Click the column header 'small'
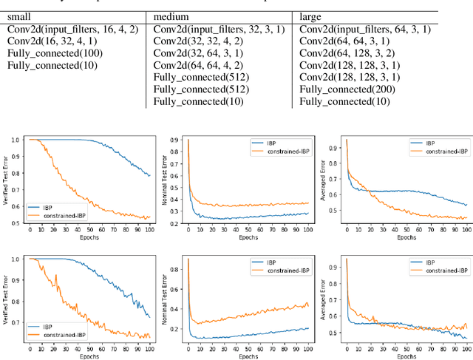click(21, 16)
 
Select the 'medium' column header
click(173, 16)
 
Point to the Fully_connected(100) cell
click(55, 53)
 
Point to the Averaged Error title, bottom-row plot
click(322, 294)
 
